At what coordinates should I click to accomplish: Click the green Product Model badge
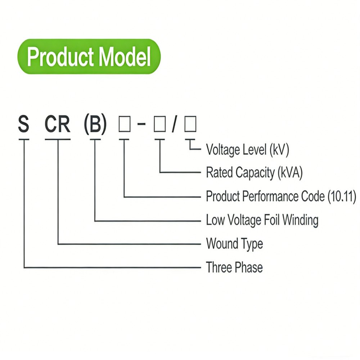[89, 57]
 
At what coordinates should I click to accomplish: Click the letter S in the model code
[23, 125]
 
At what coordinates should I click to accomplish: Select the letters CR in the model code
[58, 125]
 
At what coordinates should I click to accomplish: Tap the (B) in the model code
[95, 125]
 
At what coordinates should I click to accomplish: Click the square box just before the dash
[124, 125]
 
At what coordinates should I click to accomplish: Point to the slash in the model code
[175, 125]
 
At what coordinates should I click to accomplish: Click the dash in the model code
[141, 125]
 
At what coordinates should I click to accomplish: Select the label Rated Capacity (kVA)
[254, 173]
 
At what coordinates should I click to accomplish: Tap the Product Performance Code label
[281, 197]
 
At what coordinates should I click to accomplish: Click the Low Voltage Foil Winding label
[262, 220]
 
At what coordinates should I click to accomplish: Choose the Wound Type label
[234, 244]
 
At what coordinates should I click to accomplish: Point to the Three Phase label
[234, 267]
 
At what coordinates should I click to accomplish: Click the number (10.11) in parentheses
[342, 197]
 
